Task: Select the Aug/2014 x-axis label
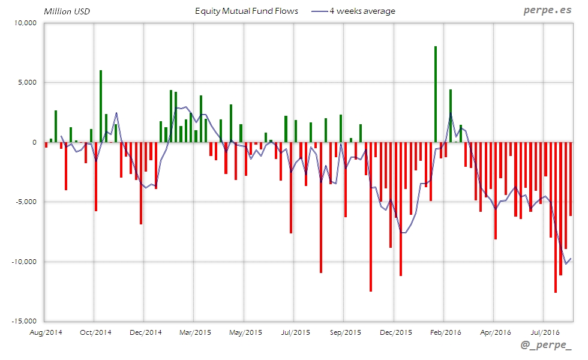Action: (46, 331)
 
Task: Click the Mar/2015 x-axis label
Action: (194, 331)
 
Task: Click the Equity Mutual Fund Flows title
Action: (247, 11)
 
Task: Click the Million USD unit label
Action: (67, 11)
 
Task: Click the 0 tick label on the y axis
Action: (35, 143)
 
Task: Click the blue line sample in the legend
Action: (319, 11)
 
